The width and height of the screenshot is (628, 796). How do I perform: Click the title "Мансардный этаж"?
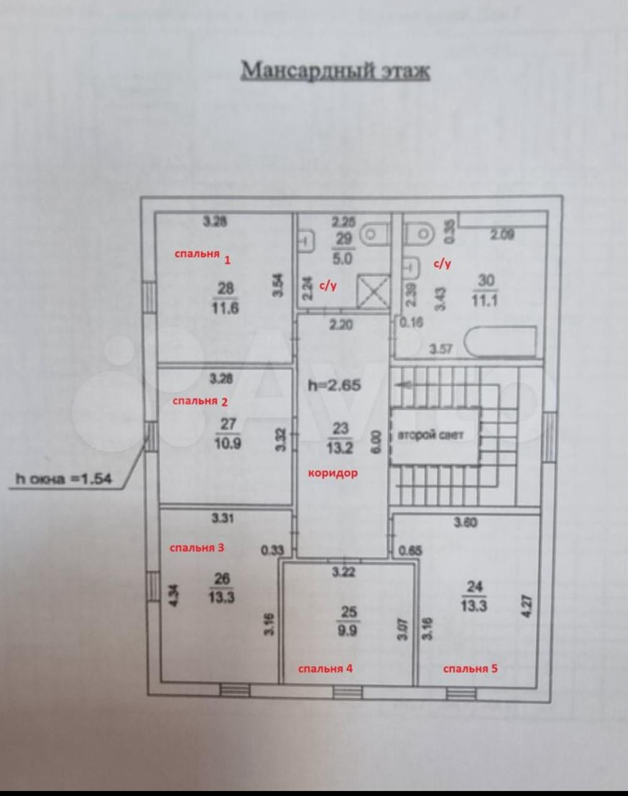(x=335, y=70)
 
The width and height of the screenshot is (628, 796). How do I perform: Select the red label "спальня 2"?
(x=200, y=401)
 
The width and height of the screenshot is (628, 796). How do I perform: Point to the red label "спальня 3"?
(x=197, y=547)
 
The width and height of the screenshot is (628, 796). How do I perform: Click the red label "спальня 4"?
(x=325, y=669)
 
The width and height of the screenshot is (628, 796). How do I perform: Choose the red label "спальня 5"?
(x=470, y=669)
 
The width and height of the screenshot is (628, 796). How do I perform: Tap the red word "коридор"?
(x=333, y=473)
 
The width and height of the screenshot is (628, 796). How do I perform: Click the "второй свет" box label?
(x=430, y=435)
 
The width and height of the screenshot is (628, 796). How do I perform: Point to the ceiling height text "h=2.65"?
(x=334, y=385)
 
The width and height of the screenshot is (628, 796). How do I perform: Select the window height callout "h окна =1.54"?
(x=62, y=479)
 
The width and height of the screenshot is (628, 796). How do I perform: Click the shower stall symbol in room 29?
(x=372, y=290)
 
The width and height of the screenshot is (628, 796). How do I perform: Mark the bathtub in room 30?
(x=501, y=341)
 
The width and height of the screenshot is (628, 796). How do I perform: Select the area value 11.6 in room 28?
(x=226, y=308)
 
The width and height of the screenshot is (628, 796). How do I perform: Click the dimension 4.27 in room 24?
(x=527, y=606)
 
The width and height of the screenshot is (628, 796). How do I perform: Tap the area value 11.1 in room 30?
(x=485, y=300)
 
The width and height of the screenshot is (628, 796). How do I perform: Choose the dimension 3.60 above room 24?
(x=466, y=522)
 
